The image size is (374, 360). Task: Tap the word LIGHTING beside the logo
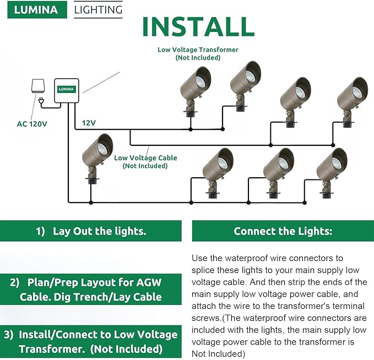coord(98,10)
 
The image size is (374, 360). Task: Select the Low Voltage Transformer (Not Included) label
coord(198,53)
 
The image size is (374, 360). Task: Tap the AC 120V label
coord(32,124)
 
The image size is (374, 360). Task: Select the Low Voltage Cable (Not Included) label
coord(145,162)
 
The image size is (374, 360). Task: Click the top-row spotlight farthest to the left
coord(194,90)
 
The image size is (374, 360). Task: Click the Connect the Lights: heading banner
coord(283,231)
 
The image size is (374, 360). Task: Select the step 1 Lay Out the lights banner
coord(90,231)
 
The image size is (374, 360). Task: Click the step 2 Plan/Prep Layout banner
coord(90,290)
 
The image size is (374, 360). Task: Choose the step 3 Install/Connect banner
coord(90,341)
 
